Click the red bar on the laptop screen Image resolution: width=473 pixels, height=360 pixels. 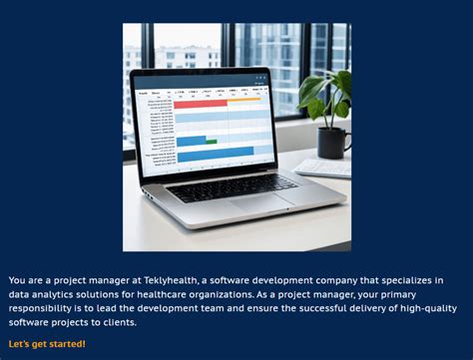pyautogui.click(x=200, y=104)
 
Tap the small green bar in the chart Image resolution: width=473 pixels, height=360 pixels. pyautogui.click(x=211, y=142)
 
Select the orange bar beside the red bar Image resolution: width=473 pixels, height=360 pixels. pyautogui.click(x=243, y=100)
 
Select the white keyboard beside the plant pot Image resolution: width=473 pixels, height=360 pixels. pyautogui.click(x=322, y=168)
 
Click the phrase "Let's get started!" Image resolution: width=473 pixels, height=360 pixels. pyautogui.click(x=47, y=344)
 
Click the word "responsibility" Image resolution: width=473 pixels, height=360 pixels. pyautogui.click(x=49, y=308)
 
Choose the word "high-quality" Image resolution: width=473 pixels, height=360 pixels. pyautogui.click(x=415, y=308)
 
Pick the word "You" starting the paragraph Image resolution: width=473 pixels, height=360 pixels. pyautogui.click(x=17, y=280)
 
